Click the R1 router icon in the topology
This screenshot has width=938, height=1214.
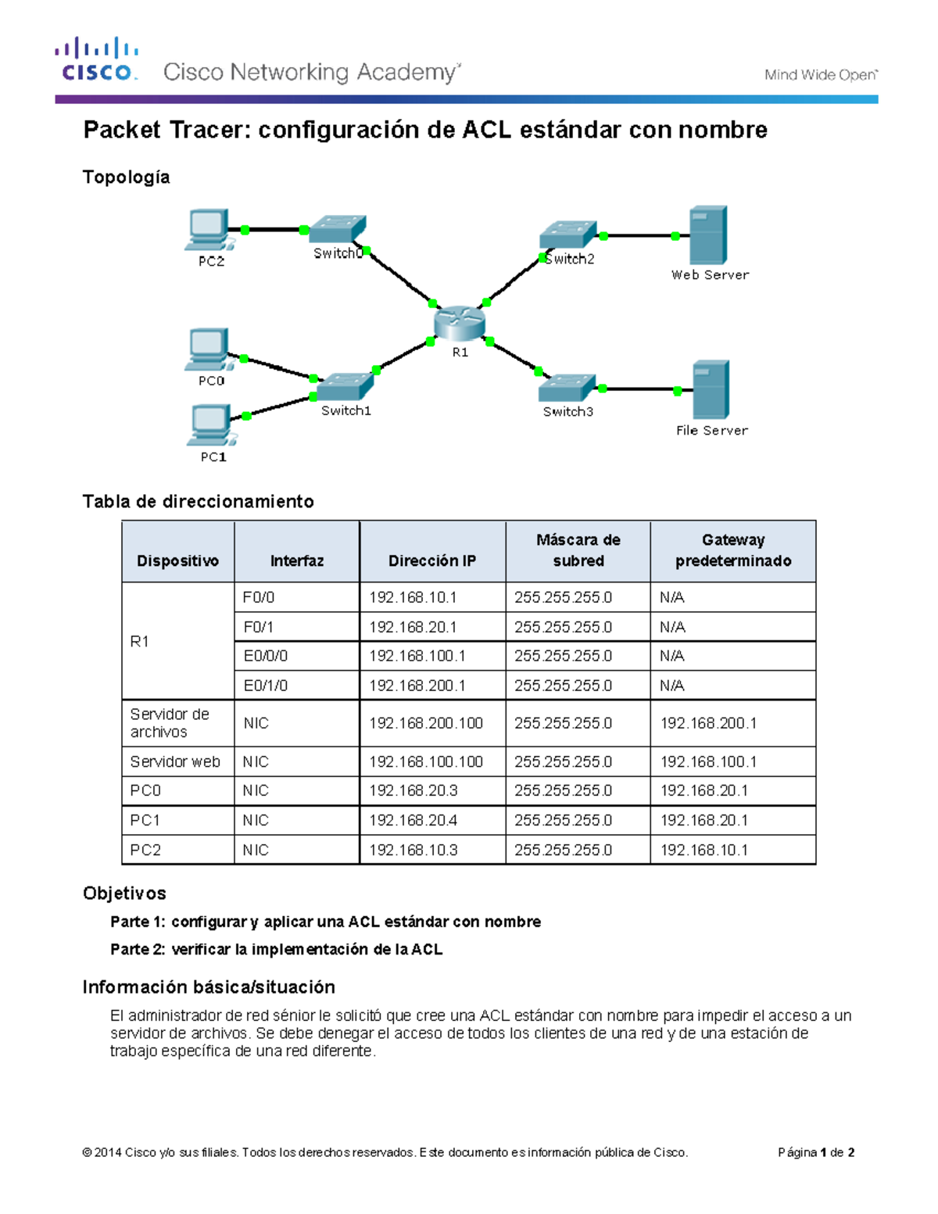[x=460, y=322]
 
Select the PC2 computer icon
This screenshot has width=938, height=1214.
[x=208, y=230]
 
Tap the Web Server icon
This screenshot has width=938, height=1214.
[x=708, y=235]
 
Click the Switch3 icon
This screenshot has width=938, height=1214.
[x=567, y=389]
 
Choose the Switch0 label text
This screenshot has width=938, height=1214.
[x=338, y=253]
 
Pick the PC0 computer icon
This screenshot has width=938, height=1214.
[x=208, y=349]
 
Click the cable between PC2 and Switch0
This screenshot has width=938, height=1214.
[x=274, y=230]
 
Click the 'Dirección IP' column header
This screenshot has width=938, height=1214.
[x=432, y=560]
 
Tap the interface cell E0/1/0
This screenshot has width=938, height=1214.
[x=266, y=686]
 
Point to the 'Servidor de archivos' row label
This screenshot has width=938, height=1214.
[x=170, y=723]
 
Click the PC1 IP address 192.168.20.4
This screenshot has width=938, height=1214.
[x=414, y=820]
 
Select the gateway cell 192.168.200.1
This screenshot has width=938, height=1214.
[x=708, y=723]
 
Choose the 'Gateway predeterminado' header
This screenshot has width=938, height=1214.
[x=733, y=550]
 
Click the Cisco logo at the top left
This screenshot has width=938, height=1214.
[x=97, y=60]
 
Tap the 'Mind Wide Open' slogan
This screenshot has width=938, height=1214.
[x=821, y=75]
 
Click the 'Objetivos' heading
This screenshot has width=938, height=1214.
[x=124, y=893]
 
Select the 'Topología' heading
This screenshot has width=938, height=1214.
[x=126, y=177]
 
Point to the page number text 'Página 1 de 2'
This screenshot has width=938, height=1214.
[x=816, y=1152]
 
